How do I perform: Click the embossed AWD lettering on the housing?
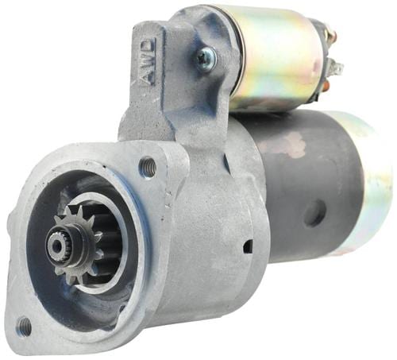point(148,62)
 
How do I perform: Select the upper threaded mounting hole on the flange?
point(148,164)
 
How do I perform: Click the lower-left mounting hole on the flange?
point(24,326)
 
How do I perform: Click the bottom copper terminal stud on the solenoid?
point(327,86)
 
